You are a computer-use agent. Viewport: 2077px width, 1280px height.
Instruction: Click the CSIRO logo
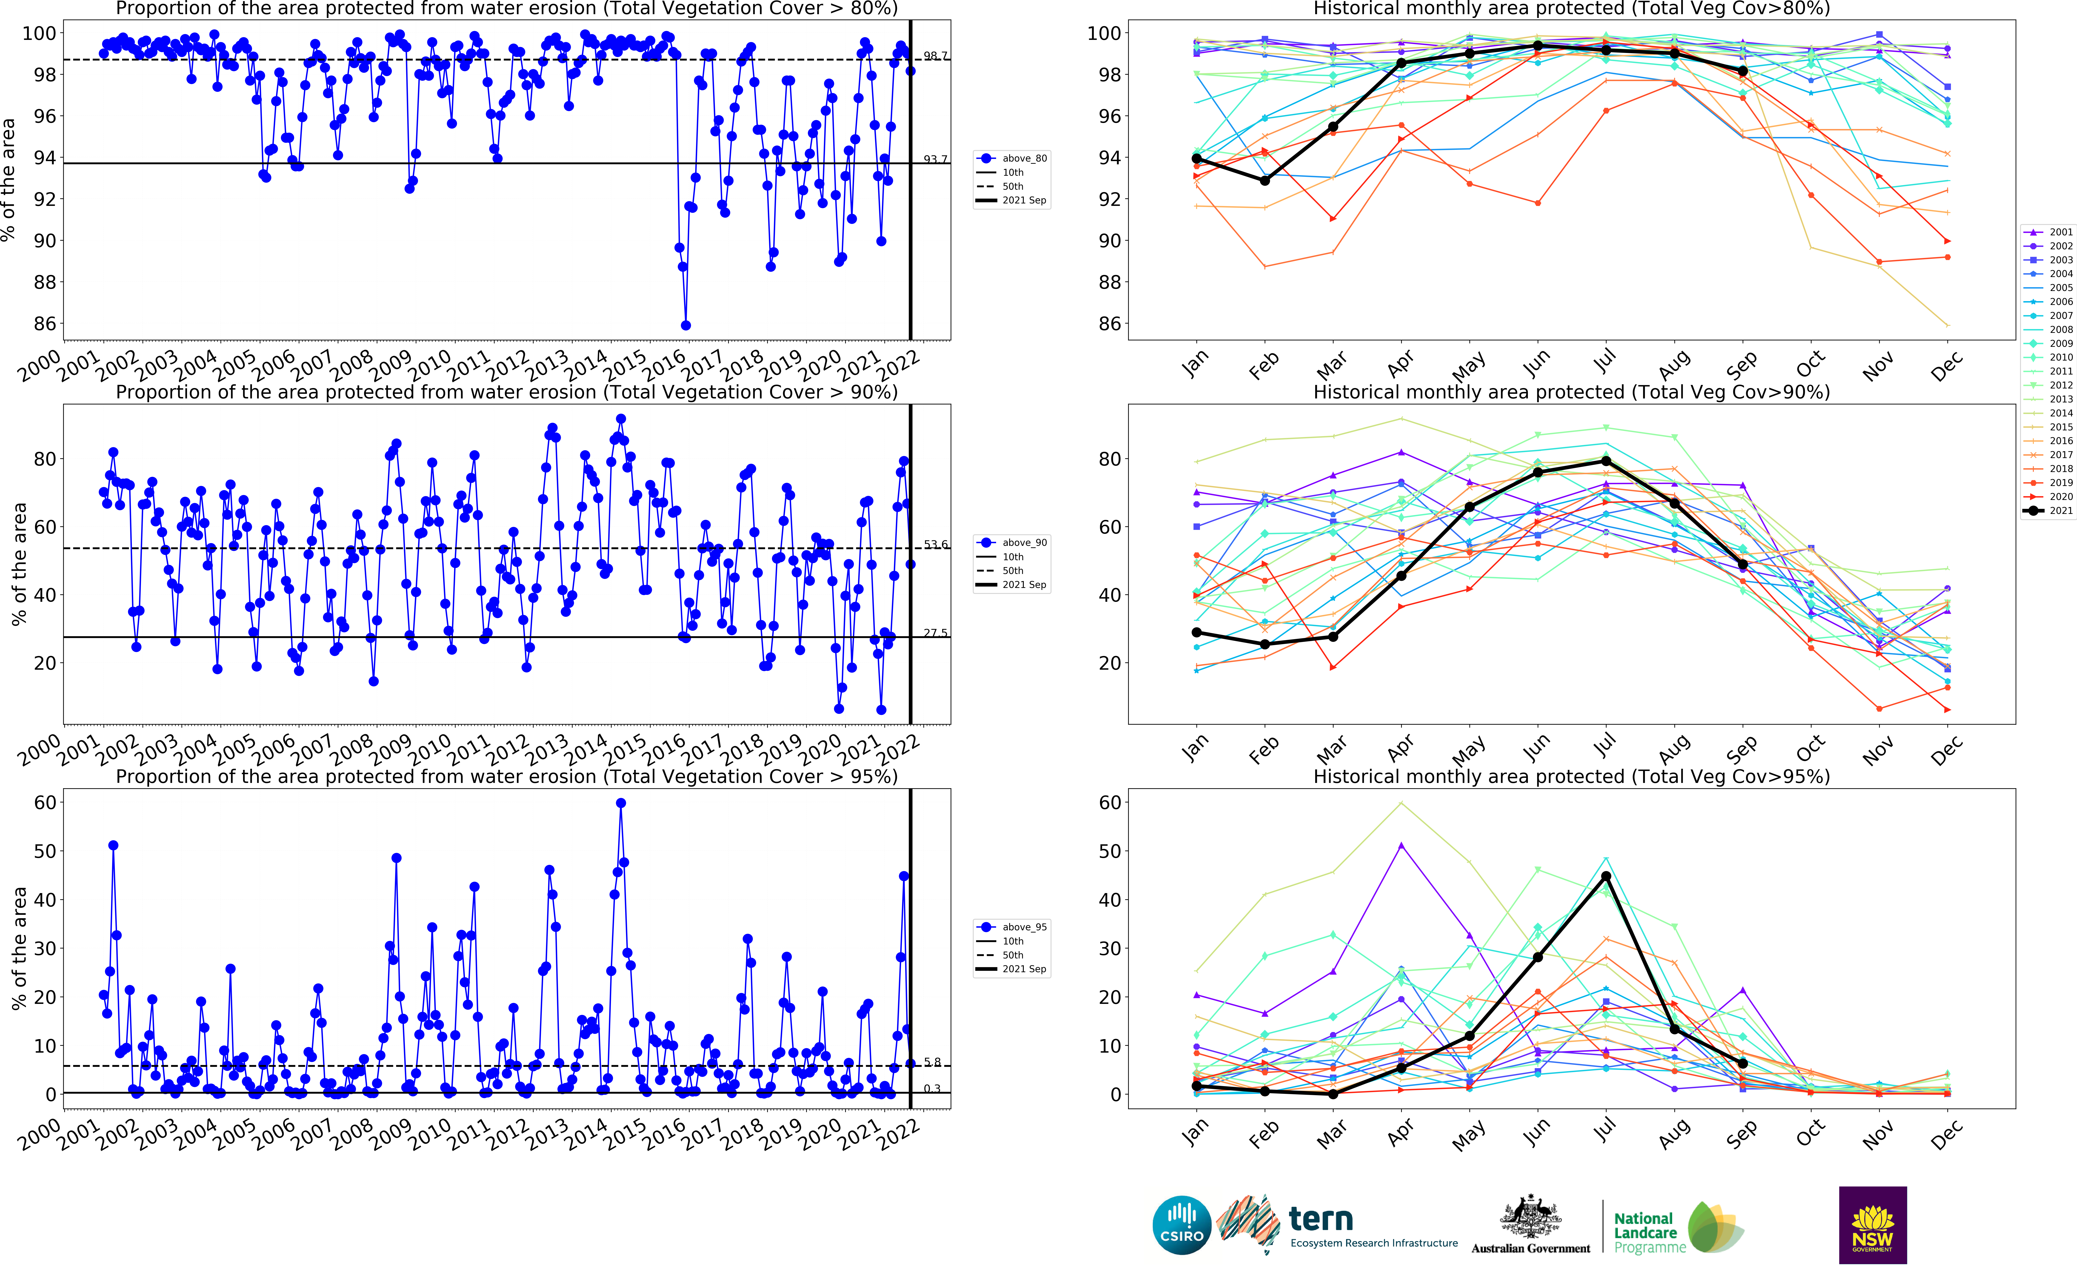pos(1182,1225)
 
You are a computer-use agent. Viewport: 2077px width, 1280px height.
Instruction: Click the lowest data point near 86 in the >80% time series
pos(686,325)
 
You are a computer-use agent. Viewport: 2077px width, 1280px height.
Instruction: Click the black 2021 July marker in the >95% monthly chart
pos(1606,876)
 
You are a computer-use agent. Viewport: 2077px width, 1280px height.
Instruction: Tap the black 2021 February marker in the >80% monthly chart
pos(1264,180)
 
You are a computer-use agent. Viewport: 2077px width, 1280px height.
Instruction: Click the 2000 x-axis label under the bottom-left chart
pos(40,1134)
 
